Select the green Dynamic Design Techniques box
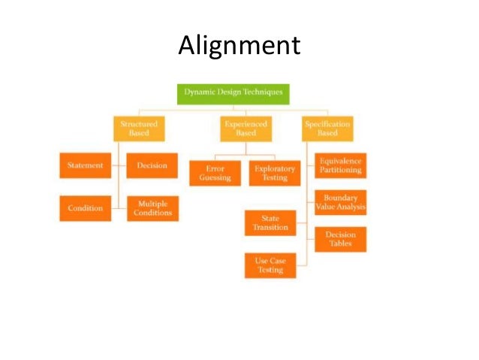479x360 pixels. click(x=233, y=92)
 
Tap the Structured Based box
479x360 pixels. click(x=138, y=128)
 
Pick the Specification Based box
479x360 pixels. click(x=327, y=128)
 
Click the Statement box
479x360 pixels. click(x=85, y=165)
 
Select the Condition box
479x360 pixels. click(x=85, y=208)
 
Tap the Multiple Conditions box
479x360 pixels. click(x=152, y=208)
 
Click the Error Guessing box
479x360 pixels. click(x=215, y=174)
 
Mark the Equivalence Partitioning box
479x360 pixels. click(x=340, y=165)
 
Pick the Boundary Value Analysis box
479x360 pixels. click(x=340, y=203)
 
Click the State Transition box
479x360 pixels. click(x=270, y=222)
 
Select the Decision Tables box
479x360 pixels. click(x=340, y=239)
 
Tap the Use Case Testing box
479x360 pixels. click(x=270, y=265)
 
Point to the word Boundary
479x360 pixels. click(x=340, y=198)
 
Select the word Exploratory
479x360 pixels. click(x=274, y=169)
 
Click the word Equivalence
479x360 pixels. click(x=340, y=161)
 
